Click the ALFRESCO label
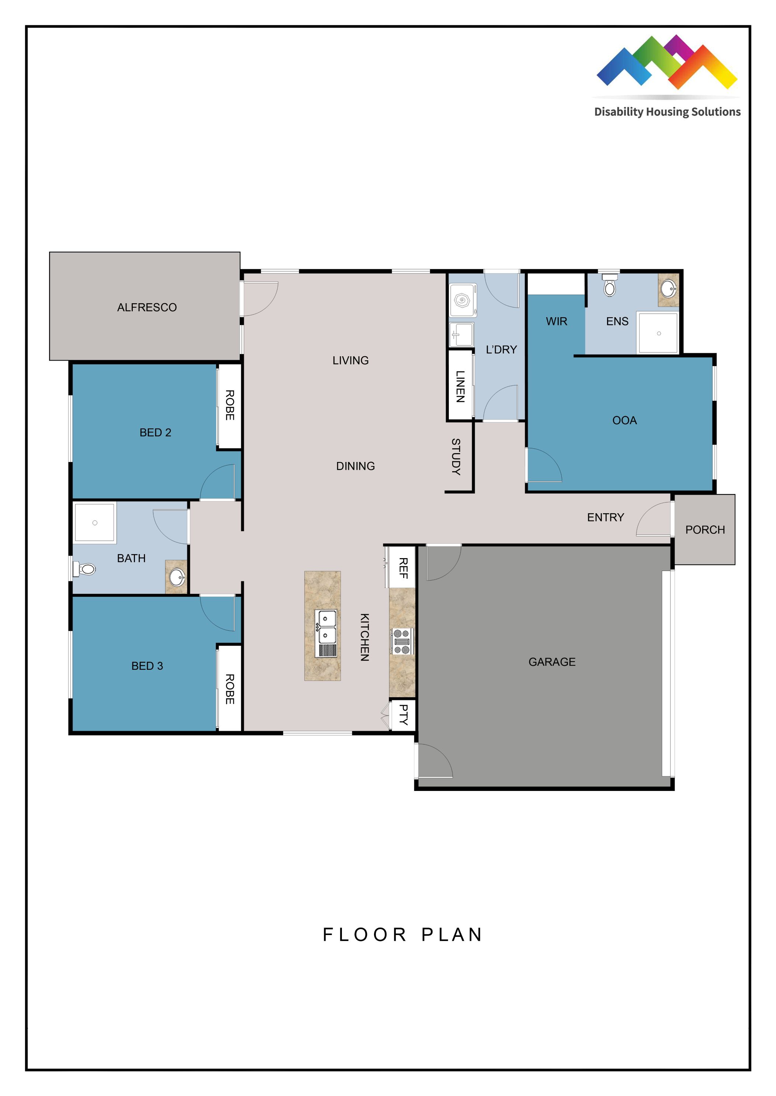(147, 307)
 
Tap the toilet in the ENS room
(610, 286)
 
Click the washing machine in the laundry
(463, 300)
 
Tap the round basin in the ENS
(668, 288)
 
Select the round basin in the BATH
(177, 577)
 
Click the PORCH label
(705, 530)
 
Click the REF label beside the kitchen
(403, 568)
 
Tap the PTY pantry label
(403, 715)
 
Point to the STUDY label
(456, 456)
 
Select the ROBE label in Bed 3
(230, 689)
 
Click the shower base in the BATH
(95, 523)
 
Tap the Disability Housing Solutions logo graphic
(666, 62)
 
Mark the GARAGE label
(552, 662)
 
